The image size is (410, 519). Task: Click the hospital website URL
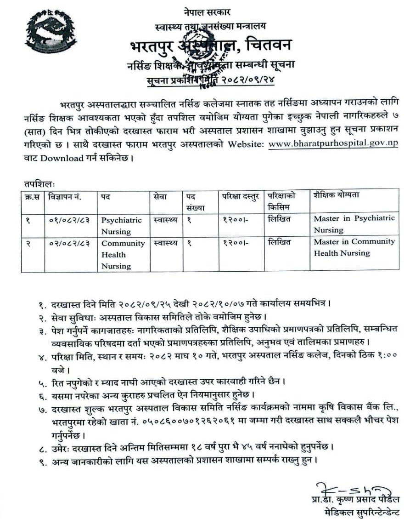(333, 144)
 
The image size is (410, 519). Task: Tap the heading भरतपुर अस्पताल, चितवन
(210, 46)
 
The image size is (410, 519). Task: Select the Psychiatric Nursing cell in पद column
(122, 226)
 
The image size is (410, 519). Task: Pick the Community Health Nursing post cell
(123, 254)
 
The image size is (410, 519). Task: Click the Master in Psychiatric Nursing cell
(354, 224)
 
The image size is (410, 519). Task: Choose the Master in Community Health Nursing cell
(354, 247)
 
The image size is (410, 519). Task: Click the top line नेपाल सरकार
(210, 12)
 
